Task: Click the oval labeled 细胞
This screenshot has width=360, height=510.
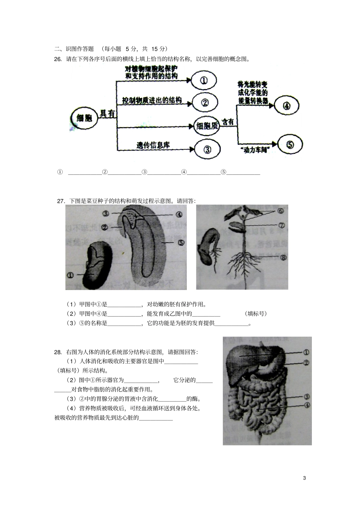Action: (x=84, y=118)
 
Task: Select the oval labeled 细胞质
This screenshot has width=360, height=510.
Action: (x=207, y=126)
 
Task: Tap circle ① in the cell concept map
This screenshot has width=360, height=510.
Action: (x=203, y=80)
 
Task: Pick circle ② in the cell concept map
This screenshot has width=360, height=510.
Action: (x=205, y=103)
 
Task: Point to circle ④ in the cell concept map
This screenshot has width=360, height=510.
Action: (x=286, y=106)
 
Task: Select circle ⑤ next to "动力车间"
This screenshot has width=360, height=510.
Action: (x=290, y=144)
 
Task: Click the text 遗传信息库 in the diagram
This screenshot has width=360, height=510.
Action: (x=153, y=145)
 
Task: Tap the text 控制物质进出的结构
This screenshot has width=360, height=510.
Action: (x=152, y=100)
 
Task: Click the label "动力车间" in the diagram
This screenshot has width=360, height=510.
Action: (x=254, y=150)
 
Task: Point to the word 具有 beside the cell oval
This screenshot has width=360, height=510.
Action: (x=107, y=113)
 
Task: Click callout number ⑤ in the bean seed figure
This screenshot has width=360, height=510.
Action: (x=181, y=243)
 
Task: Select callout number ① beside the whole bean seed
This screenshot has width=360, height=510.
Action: (x=70, y=275)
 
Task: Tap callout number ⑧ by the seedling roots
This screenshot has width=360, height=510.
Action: (x=283, y=257)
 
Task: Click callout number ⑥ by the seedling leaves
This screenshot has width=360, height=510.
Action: (x=281, y=211)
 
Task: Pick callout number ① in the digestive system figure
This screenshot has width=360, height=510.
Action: (x=306, y=352)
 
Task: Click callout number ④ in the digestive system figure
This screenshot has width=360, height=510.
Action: (x=307, y=405)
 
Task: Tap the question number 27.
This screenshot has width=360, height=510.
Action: (x=61, y=201)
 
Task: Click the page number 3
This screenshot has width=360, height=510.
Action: (x=304, y=478)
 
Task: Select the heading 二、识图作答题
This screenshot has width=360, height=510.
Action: (x=74, y=49)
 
